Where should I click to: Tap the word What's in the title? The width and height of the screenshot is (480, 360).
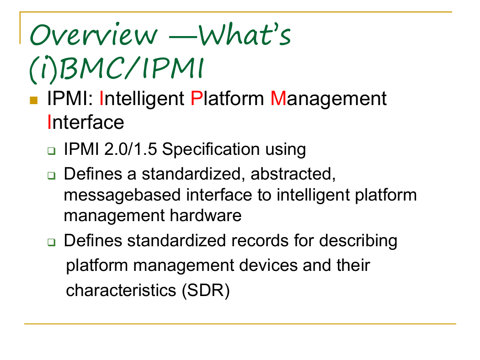point(245,34)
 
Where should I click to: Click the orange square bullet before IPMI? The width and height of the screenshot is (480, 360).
point(34,101)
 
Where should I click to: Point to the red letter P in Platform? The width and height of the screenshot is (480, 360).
point(197,99)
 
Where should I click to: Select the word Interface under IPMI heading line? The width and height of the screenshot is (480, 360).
point(86,122)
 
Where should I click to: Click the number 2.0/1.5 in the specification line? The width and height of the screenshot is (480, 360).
point(131,149)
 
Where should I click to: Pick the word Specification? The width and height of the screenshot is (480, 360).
point(211,150)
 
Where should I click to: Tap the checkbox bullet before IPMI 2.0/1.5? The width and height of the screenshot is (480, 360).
point(51,151)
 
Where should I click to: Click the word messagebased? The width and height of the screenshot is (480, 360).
point(122,196)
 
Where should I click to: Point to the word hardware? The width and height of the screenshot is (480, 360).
point(206,215)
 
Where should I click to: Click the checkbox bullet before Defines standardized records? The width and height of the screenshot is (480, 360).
point(51,242)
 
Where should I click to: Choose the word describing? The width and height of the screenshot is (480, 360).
point(358,241)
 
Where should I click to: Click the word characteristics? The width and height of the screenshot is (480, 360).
point(121,290)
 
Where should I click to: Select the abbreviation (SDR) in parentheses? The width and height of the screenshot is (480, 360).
point(206,291)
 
